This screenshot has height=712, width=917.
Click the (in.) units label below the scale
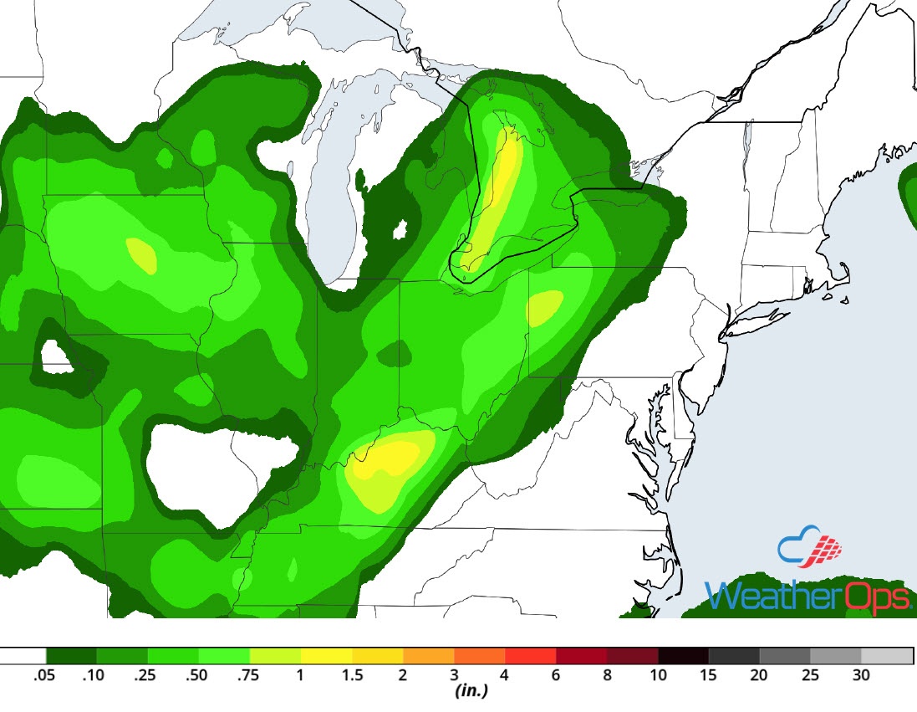click(471, 692)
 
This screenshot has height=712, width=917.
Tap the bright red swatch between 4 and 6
click(531, 655)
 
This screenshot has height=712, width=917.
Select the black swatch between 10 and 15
click(683, 655)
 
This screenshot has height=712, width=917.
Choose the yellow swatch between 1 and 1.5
click(326, 655)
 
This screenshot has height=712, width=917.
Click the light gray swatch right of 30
click(887, 655)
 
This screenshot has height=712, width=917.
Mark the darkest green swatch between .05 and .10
click(72, 655)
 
